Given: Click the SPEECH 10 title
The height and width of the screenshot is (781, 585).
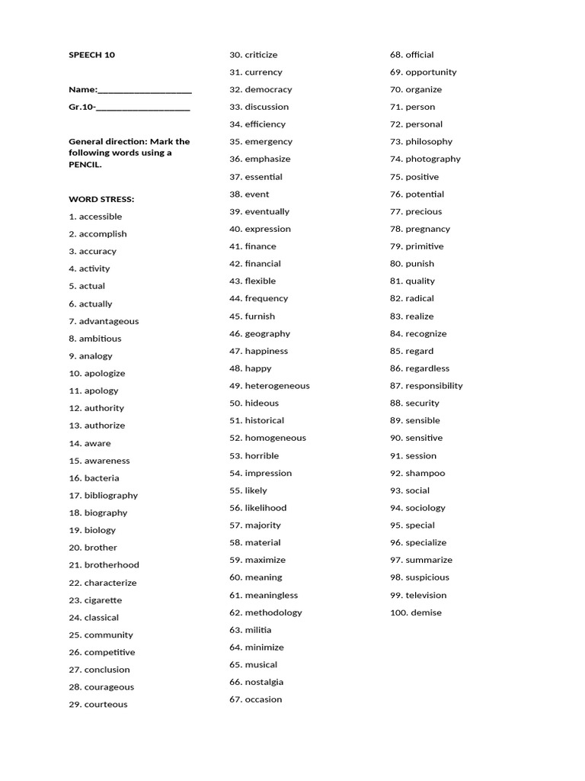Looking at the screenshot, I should point(91,55).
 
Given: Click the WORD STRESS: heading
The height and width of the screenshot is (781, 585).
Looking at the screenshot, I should point(101,199).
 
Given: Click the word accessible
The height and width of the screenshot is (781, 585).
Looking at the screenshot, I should point(101,217).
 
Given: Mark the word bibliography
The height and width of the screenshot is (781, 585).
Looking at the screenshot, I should point(111,496).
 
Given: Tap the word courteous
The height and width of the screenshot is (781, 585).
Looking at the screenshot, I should point(106,705).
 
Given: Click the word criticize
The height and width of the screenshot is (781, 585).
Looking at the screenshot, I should point(261,55).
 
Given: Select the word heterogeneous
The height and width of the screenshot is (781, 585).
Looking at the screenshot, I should point(277,386).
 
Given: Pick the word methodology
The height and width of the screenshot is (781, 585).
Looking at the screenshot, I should point(273,612).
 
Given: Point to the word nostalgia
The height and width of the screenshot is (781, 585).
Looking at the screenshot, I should point(264,682).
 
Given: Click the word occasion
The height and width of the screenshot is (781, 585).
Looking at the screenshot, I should point(264,699).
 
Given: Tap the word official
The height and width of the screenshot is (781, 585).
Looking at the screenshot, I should point(420,55).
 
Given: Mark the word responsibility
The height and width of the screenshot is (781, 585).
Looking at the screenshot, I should point(434,386).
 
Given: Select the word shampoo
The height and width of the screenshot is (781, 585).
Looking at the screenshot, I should point(425,473).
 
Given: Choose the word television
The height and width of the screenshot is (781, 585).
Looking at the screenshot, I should point(426,595).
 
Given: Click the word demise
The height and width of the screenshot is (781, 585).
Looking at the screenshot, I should point(426,612).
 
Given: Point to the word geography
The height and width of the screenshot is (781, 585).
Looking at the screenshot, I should point(267,333).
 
